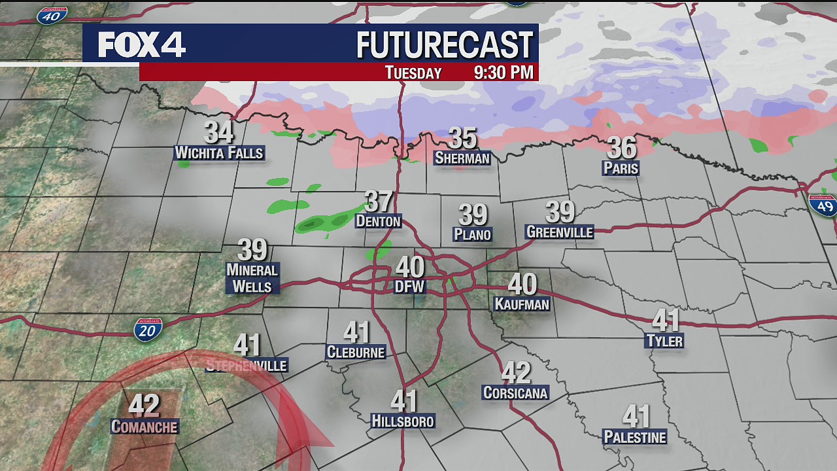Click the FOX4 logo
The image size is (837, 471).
click(x=142, y=44)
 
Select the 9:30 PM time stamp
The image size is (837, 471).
click(x=504, y=72)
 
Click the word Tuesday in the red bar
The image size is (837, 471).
click(x=413, y=73)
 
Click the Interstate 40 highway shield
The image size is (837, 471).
click(x=52, y=15)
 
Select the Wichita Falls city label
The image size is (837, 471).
click(x=219, y=153)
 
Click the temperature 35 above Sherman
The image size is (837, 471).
click(x=462, y=138)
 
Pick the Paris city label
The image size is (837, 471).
click(x=621, y=168)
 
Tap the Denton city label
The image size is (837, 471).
click(x=378, y=221)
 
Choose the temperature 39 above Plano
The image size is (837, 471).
click(x=473, y=215)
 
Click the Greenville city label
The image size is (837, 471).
click(x=559, y=232)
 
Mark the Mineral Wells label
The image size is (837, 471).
click(x=252, y=278)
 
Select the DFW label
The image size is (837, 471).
click(x=410, y=287)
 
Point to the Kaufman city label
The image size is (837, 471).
click(x=522, y=304)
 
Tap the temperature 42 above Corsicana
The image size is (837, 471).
click(x=515, y=373)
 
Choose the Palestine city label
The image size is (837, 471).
click(x=635, y=437)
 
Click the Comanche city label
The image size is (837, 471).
click(x=144, y=427)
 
